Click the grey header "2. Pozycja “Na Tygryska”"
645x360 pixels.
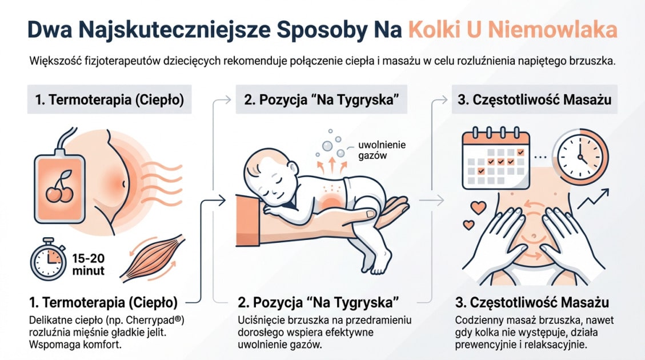tap(322, 100)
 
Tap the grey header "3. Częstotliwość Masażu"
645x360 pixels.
tap(534, 100)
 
